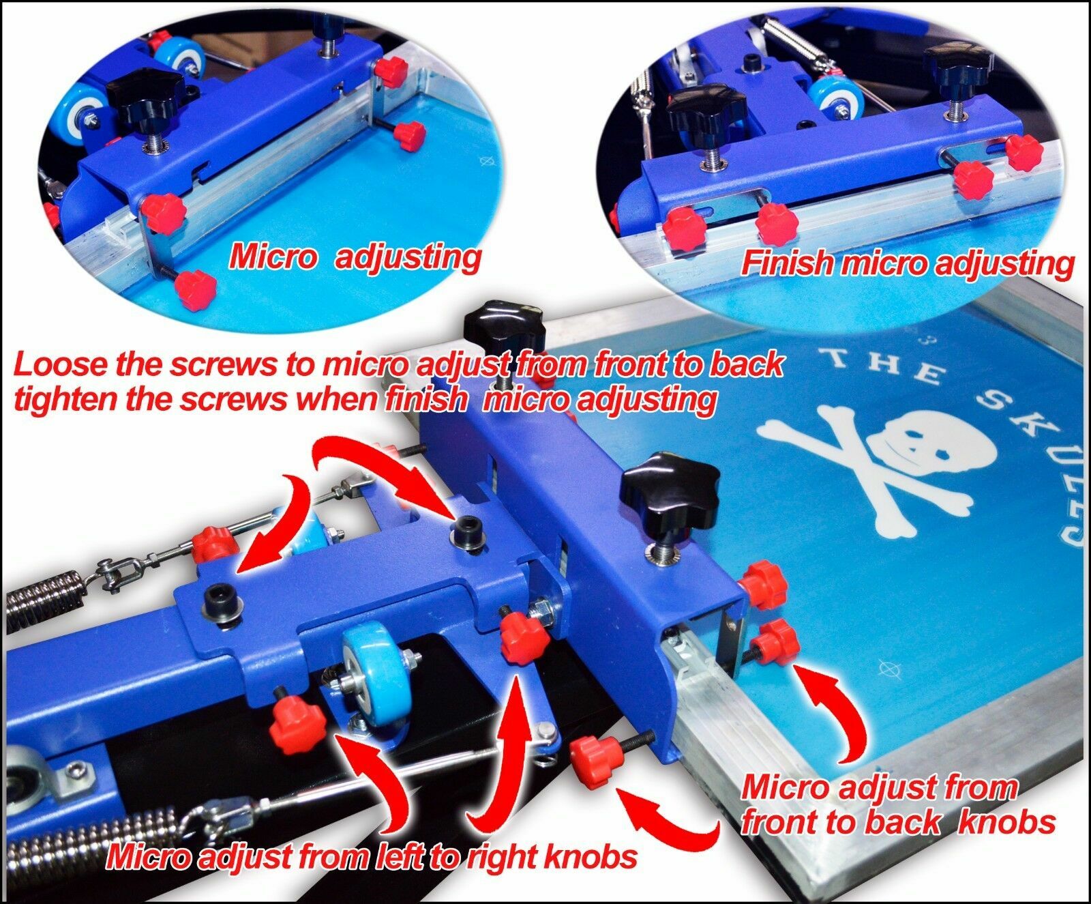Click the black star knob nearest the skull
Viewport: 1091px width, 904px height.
pyautogui.click(x=669, y=491)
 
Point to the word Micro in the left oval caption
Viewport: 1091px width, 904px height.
pyautogui.click(x=273, y=258)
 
